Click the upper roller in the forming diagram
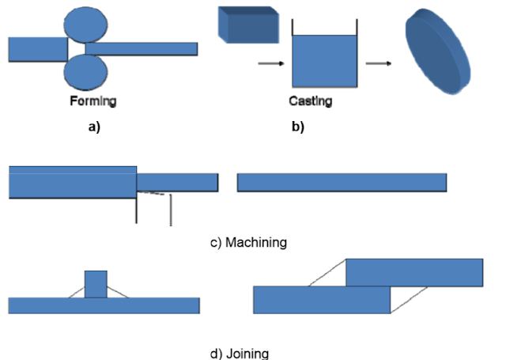point(86,25)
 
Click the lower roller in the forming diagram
point(86,74)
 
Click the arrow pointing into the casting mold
point(268,63)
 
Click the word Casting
point(310,101)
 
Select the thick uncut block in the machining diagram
point(72,183)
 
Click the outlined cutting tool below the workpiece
point(153,207)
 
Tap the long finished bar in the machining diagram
point(342,182)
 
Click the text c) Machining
point(248,242)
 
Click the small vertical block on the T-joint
point(96,284)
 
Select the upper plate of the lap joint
point(414,271)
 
